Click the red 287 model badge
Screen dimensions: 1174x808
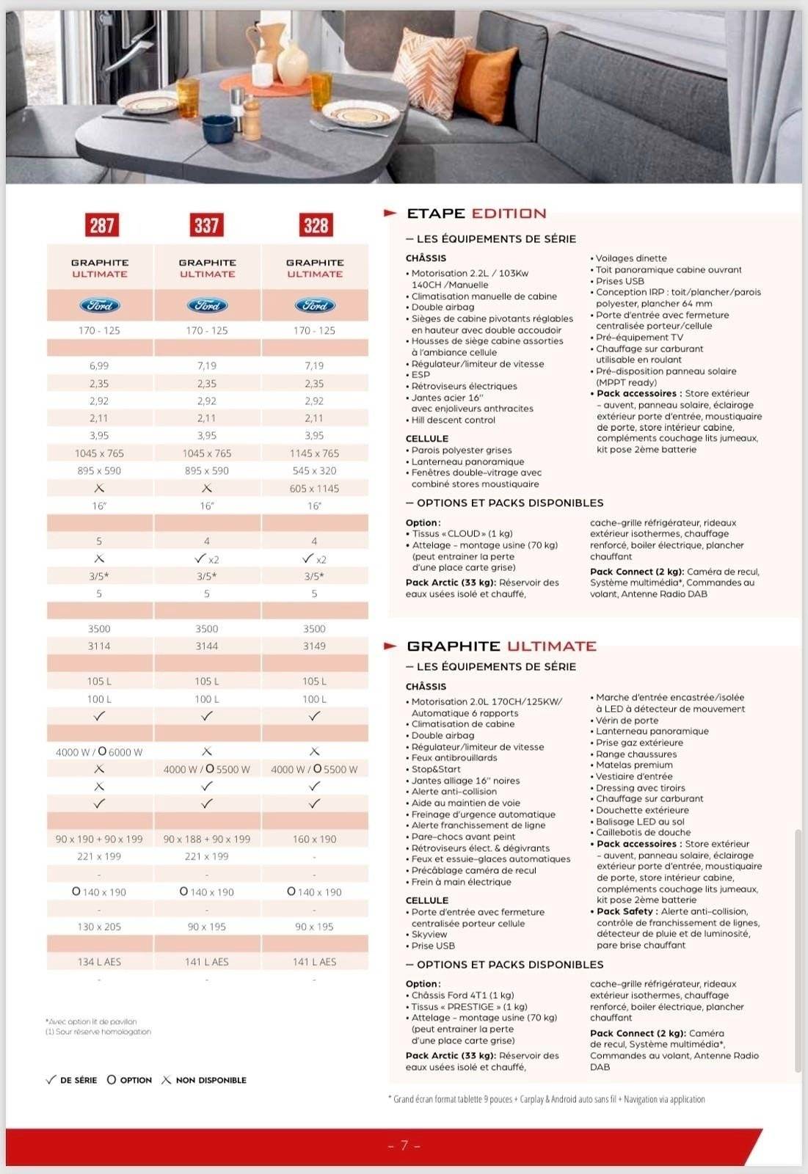point(101,225)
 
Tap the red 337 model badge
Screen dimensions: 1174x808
point(206,225)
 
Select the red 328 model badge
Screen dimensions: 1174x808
point(316,225)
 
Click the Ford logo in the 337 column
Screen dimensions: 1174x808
point(207,305)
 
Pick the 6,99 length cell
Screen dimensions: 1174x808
point(99,365)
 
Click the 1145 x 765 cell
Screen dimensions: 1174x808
point(314,453)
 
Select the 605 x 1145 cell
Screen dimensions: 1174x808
point(314,489)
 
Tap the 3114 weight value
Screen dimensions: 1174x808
point(99,646)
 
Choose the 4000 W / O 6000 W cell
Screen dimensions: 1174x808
point(99,752)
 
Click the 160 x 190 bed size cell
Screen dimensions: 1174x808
point(314,839)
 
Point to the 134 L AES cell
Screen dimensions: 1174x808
point(99,962)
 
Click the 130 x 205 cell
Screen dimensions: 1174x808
point(99,927)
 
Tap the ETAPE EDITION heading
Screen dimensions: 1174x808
point(476,214)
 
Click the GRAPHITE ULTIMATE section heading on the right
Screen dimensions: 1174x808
point(501,646)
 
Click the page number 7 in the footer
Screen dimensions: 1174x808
point(404,1145)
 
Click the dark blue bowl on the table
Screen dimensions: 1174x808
point(216,130)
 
